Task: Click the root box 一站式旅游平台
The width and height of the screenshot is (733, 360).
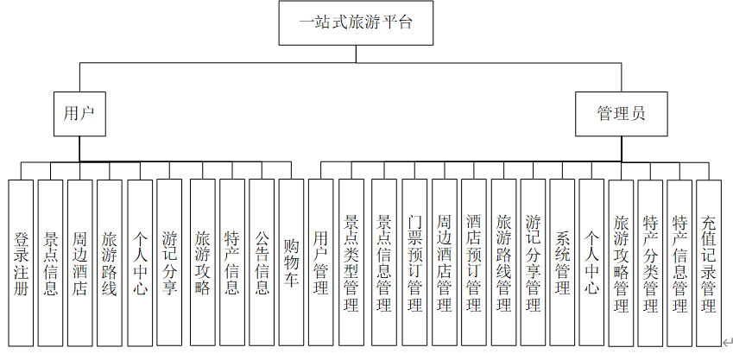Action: (354, 23)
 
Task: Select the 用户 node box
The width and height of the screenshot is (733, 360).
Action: (79, 113)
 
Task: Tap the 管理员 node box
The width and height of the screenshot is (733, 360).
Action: (621, 113)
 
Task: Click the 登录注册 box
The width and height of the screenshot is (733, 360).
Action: (21, 262)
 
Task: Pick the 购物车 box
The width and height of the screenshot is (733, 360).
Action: (291, 262)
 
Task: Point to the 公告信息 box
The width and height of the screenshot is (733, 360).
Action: (262, 262)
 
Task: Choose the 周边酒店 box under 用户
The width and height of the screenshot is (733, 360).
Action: (79, 262)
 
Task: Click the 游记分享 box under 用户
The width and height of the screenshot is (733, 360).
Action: (169, 262)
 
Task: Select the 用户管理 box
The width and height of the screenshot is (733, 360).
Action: (321, 262)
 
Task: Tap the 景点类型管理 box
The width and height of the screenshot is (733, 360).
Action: (351, 262)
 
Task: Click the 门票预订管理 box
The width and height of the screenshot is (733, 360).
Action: (414, 262)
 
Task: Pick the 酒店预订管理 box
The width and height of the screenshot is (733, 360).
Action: (473, 262)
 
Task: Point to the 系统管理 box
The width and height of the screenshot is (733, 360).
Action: (562, 262)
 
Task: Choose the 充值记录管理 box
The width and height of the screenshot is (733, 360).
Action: (708, 262)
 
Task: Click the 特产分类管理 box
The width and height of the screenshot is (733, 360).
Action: (650, 262)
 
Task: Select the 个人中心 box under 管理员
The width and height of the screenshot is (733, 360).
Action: (591, 262)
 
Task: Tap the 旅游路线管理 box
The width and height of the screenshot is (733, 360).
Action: (503, 262)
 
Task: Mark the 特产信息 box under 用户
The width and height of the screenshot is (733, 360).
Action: (231, 262)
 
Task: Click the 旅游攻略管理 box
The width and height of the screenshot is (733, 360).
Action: (621, 262)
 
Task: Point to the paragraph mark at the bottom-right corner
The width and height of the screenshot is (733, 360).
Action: (727, 343)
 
